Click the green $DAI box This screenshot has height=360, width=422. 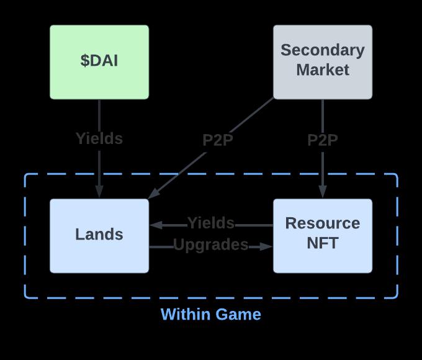tap(99, 62)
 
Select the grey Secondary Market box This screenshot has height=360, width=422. tap(323, 62)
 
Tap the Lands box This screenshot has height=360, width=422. tap(99, 235)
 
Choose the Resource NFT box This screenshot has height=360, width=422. tap(323, 235)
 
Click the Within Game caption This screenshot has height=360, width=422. tap(211, 315)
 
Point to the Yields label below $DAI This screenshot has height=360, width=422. tap(99, 139)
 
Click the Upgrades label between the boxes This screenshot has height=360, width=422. tap(211, 245)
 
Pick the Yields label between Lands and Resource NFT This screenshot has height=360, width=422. tap(211, 223)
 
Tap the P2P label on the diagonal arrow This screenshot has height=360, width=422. tap(218, 141)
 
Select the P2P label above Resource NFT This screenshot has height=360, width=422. tap(323, 141)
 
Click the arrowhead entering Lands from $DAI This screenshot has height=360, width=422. tap(99, 194)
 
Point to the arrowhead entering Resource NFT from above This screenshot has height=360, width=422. tap(323, 194)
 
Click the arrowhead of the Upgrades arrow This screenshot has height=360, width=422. tap(267, 246)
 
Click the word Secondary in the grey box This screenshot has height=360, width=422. tap(323, 50)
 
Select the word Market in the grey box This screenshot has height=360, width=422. tap(323, 70)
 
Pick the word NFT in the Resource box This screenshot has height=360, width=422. tap(323, 243)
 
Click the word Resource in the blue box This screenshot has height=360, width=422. tap(323, 223)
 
